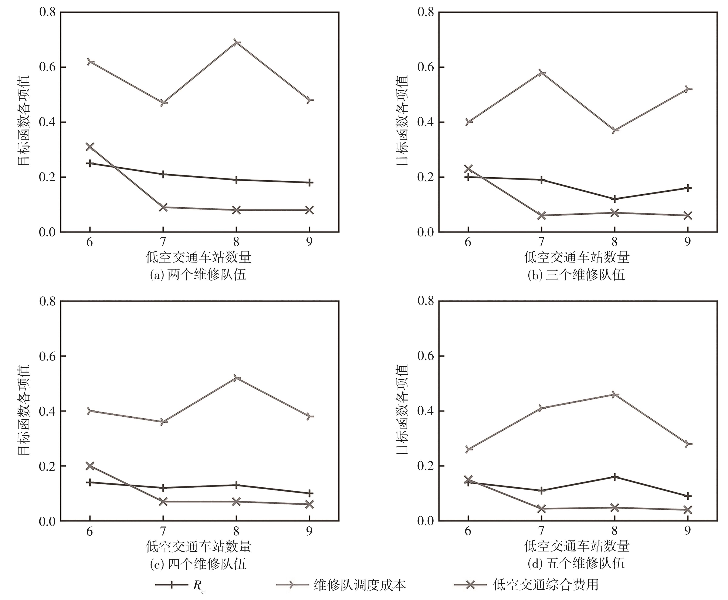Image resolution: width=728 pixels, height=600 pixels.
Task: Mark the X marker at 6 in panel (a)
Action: pos(90,147)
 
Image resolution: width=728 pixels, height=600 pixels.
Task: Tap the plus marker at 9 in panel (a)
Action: pos(309,182)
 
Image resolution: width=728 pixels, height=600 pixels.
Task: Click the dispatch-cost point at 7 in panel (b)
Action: pos(542,73)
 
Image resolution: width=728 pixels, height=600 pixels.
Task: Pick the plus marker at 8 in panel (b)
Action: pos(615,199)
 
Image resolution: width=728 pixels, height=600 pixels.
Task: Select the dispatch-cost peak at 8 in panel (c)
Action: pos(236,378)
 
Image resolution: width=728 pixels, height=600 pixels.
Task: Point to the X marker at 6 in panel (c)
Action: pos(90,466)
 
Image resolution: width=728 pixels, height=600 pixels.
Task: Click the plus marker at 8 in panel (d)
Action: pos(615,477)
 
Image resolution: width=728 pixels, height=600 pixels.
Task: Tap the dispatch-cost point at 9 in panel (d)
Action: pos(688,444)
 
